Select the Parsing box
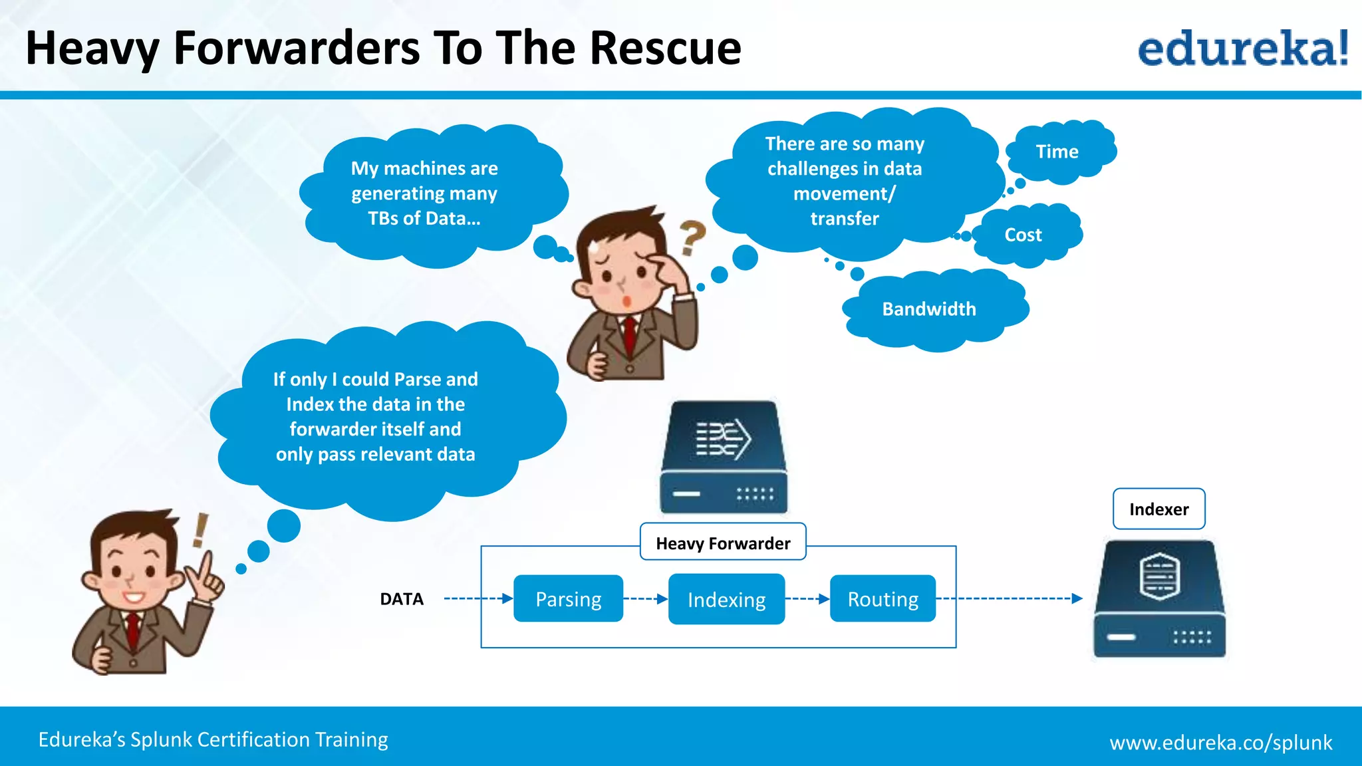568,599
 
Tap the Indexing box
726,599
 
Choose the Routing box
883,599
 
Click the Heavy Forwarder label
723,543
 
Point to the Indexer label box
1158,509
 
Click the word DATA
402,599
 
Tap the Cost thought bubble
1024,235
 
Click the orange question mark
692,237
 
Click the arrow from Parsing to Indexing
645,599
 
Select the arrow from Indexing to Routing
807,599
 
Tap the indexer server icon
1159,598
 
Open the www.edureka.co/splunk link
1220,742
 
